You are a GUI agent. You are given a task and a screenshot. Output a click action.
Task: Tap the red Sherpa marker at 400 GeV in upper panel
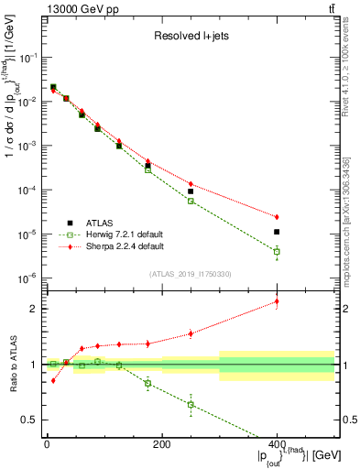(x=277, y=217)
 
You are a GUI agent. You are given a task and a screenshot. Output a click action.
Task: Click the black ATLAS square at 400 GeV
(x=277, y=232)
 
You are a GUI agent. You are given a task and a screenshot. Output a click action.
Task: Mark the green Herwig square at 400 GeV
(x=277, y=251)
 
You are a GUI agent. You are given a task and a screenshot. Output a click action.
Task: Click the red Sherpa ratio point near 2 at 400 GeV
(x=277, y=301)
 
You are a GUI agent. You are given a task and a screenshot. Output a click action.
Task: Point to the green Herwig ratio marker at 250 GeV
(x=191, y=404)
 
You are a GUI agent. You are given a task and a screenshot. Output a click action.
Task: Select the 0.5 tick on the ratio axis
(x=33, y=420)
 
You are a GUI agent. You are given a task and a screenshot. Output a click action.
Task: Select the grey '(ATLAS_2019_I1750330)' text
(x=190, y=273)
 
